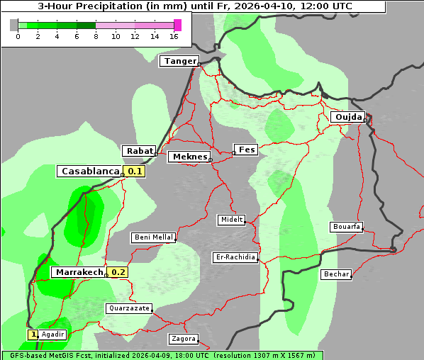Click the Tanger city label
click(179, 61)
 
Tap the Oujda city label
click(348, 117)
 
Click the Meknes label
click(189, 157)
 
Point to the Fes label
click(246, 150)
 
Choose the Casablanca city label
click(89, 171)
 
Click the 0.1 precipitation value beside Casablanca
click(135, 171)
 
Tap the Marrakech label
click(79, 272)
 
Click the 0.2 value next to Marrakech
click(118, 272)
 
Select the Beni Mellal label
click(153, 237)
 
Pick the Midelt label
click(231, 220)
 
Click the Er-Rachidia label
click(235, 257)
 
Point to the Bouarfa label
click(346, 227)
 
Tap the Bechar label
click(336, 274)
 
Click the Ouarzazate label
click(128, 308)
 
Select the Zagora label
click(183, 339)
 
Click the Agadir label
click(53, 334)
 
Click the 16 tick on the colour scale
click(174, 36)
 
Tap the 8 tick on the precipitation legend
click(96, 36)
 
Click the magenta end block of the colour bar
click(177, 25)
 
